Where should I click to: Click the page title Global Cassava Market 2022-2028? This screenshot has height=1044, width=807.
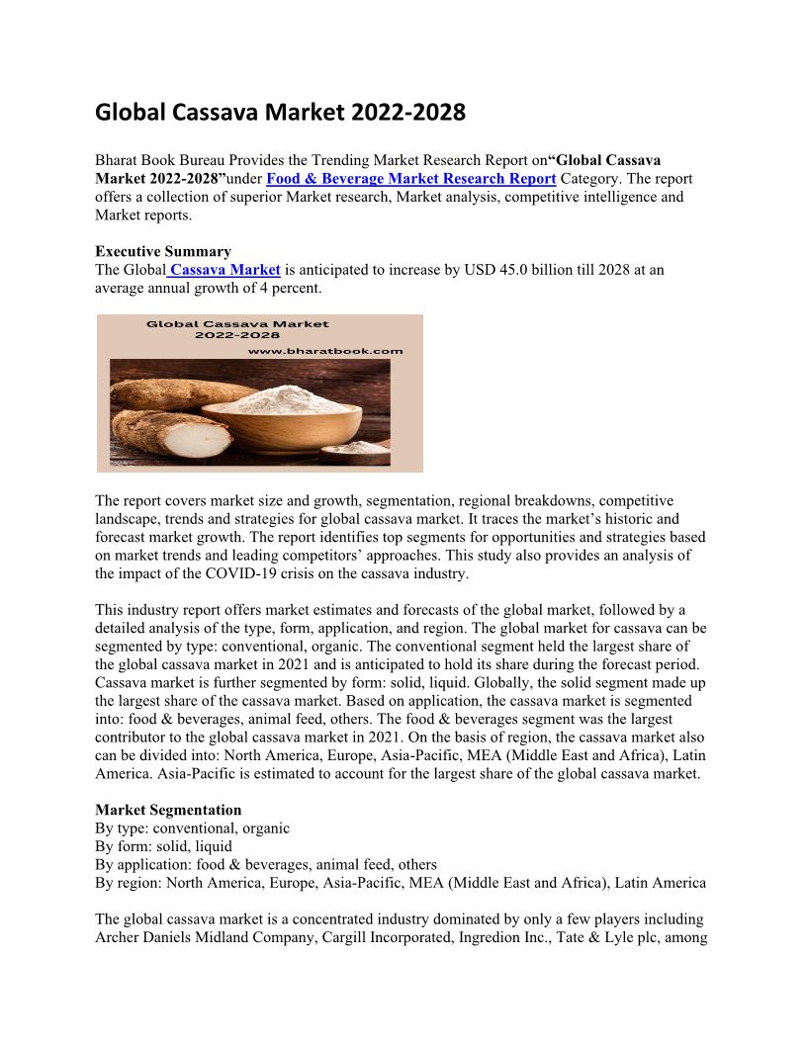(280, 113)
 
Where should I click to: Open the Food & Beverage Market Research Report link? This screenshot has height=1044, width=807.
(410, 178)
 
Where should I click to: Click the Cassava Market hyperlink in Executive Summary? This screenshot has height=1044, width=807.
(225, 270)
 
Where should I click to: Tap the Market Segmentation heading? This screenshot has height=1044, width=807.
(168, 810)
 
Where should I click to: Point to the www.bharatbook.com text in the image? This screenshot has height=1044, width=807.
(325, 350)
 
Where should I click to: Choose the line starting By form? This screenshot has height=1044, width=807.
(163, 846)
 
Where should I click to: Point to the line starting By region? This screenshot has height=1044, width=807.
(400, 883)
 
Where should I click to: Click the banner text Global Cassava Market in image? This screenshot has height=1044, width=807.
(237, 323)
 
